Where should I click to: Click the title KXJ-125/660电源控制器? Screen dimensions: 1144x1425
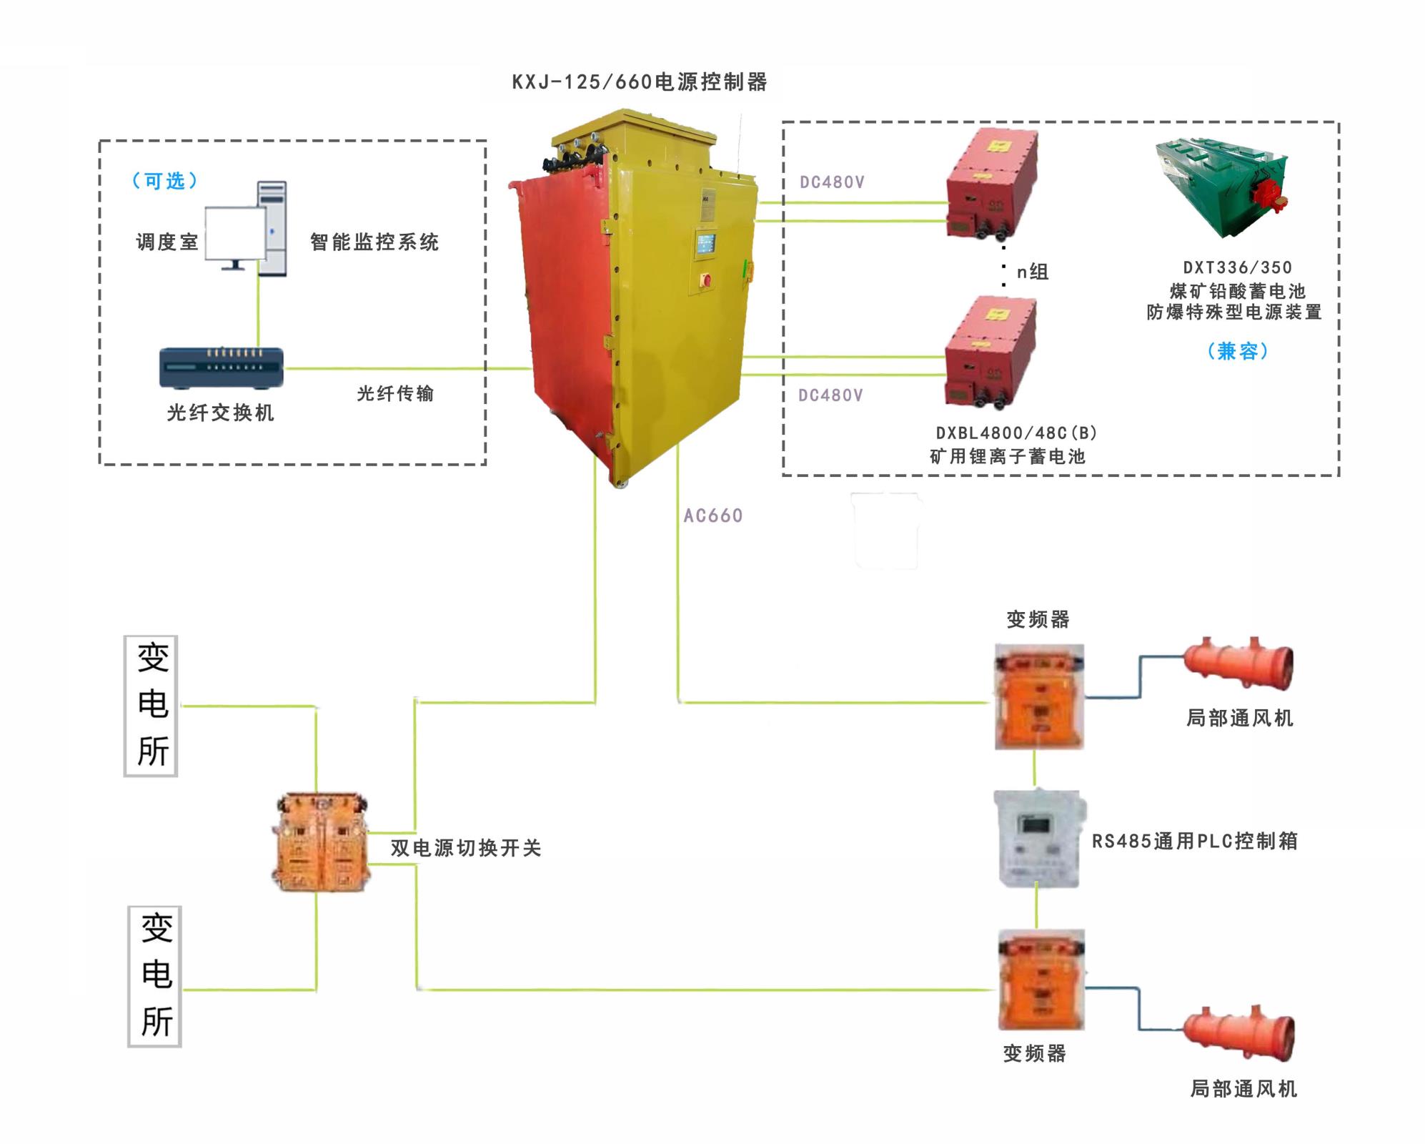tap(640, 82)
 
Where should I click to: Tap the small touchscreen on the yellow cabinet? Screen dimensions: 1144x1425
tap(706, 243)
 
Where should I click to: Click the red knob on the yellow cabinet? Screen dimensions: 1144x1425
tap(707, 280)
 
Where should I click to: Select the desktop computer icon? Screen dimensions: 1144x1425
tap(247, 229)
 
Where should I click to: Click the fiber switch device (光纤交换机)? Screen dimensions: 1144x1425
tap(221, 368)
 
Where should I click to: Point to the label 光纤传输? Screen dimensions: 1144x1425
tap(395, 393)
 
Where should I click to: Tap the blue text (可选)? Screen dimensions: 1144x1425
tap(165, 181)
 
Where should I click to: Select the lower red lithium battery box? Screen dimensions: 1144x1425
tap(990, 354)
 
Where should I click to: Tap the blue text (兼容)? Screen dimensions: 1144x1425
tap(1238, 351)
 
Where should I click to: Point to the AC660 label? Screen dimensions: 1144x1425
tap(712, 516)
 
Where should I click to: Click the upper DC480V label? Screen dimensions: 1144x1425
tap(832, 182)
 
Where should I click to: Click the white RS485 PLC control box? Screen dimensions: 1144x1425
tap(1040, 839)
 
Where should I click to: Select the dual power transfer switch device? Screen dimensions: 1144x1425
tap(320, 842)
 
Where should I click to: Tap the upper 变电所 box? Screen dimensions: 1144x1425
tap(152, 706)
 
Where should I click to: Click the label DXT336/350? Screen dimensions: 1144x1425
tap(1237, 267)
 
